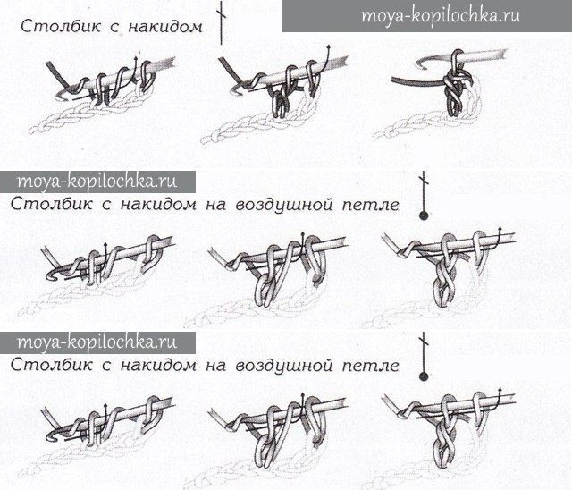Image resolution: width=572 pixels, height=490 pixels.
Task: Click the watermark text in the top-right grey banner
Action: point(441,16)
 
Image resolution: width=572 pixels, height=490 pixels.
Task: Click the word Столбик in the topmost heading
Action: point(60,26)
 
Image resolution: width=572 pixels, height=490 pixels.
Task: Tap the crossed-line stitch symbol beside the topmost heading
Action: point(221,22)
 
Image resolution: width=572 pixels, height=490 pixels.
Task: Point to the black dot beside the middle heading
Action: point(424,215)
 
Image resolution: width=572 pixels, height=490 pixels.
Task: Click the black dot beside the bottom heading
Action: point(424,376)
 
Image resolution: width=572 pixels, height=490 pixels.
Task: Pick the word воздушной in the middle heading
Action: point(284,205)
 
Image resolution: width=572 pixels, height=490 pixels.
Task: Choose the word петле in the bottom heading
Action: point(371,366)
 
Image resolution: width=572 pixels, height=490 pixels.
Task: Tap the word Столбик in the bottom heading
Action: point(51,365)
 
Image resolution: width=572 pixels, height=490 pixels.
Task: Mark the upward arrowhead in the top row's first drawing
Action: point(136,58)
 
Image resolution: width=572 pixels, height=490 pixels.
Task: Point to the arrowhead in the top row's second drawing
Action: point(329,47)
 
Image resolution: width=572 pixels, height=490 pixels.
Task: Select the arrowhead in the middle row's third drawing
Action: point(500,229)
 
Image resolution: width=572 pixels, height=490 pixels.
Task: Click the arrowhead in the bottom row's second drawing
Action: point(302,395)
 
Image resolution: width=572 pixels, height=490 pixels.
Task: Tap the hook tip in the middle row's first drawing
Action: point(51,276)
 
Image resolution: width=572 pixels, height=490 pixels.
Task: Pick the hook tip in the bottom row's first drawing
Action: point(51,436)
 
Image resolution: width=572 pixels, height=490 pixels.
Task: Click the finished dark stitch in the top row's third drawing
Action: point(453,91)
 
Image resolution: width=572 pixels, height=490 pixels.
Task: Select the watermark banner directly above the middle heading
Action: point(97,182)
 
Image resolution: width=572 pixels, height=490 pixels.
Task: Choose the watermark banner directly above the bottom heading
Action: point(97,342)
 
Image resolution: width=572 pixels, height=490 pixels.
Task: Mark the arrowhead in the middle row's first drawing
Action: point(105,244)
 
